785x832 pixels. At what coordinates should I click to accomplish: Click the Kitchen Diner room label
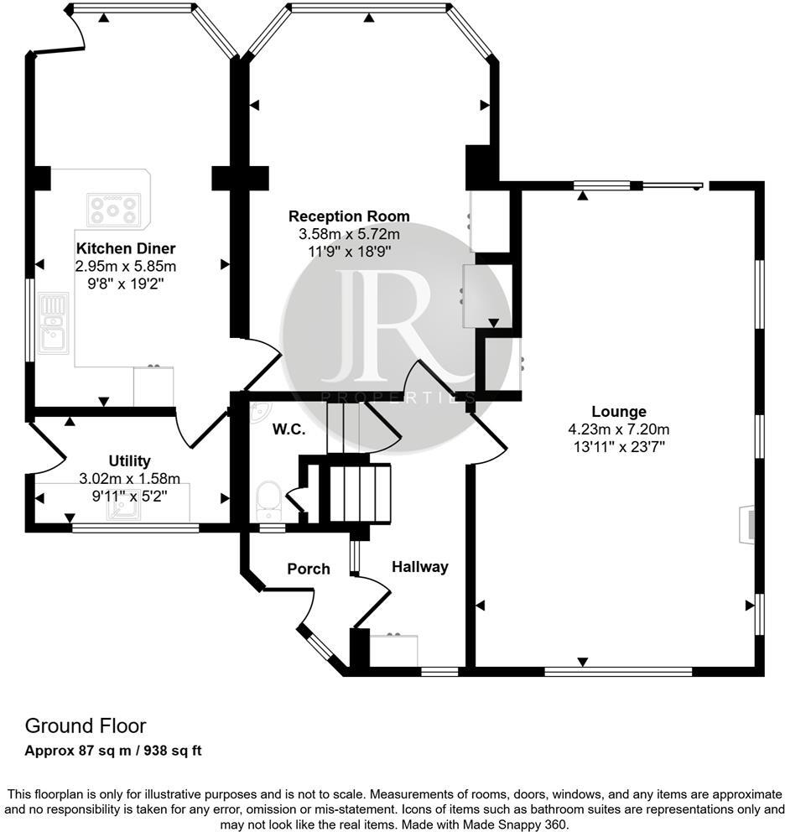pyautogui.click(x=126, y=248)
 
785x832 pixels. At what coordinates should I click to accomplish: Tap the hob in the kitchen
pyautogui.click(x=113, y=210)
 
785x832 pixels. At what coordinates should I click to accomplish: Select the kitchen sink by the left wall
pyautogui.click(x=53, y=323)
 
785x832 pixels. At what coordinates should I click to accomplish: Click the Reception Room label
pyautogui.click(x=349, y=216)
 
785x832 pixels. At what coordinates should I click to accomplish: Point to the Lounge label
pyautogui.click(x=619, y=412)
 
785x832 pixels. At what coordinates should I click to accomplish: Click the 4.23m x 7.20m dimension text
pyautogui.click(x=619, y=429)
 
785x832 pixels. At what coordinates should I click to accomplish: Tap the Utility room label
pyautogui.click(x=129, y=460)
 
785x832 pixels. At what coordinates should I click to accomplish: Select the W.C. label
pyautogui.click(x=289, y=429)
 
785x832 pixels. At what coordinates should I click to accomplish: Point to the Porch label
pyautogui.click(x=309, y=569)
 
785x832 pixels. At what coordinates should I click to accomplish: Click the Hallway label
pyautogui.click(x=420, y=567)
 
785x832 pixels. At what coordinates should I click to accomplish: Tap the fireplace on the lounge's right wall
pyautogui.click(x=746, y=524)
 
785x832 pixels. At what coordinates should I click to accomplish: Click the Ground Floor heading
pyautogui.click(x=86, y=725)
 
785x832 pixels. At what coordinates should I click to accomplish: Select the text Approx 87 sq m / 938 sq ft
pyautogui.click(x=113, y=751)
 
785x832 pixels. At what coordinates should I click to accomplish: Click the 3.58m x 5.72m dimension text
pyautogui.click(x=349, y=233)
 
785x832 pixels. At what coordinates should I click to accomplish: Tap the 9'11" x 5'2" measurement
pyautogui.click(x=129, y=497)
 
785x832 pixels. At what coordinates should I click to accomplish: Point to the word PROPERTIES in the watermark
pyautogui.click(x=398, y=398)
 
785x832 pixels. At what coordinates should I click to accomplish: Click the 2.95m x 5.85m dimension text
pyautogui.click(x=126, y=267)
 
